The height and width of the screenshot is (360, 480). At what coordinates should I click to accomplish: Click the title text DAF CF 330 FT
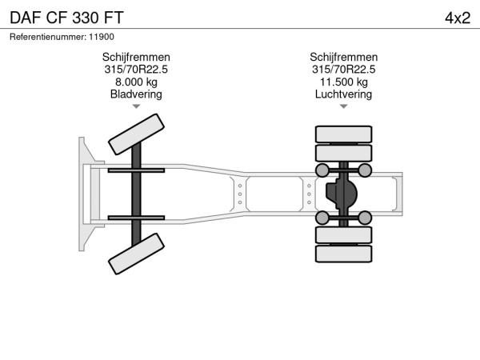pyautogui.click(x=66, y=18)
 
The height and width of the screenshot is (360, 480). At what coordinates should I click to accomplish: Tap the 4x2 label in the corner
pyautogui.click(x=458, y=18)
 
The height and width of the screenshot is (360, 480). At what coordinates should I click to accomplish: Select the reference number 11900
pyautogui.click(x=102, y=37)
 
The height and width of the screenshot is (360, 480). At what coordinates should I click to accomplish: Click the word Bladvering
pyautogui.click(x=136, y=94)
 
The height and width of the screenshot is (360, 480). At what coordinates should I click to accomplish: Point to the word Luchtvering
pyautogui.click(x=343, y=94)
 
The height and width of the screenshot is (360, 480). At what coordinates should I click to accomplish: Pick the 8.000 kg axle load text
pyautogui.click(x=136, y=82)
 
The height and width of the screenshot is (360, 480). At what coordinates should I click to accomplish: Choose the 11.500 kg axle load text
pyautogui.click(x=343, y=82)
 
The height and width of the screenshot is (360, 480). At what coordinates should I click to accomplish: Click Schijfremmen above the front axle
pyautogui.click(x=136, y=58)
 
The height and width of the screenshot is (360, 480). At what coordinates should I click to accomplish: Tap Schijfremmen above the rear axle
pyautogui.click(x=343, y=58)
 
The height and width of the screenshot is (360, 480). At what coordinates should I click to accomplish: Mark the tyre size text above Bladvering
pyautogui.click(x=136, y=70)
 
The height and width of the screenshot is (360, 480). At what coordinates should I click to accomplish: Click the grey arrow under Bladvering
pyautogui.click(x=136, y=106)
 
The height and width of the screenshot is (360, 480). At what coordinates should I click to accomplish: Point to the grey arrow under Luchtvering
pyautogui.click(x=343, y=106)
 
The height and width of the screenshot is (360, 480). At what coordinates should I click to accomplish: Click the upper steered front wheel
pyautogui.click(x=136, y=134)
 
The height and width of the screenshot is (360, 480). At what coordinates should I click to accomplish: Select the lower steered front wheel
pyautogui.click(x=136, y=254)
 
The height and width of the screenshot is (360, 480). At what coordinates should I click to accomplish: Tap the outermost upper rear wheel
pyautogui.click(x=343, y=134)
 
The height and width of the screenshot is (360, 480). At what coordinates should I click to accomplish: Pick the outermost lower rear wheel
pyautogui.click(x=343, y=254)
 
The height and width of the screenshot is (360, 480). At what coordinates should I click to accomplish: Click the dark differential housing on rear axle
pyautogui.click(x=342, y=194)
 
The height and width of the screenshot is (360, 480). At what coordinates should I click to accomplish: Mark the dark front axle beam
pyautogui.click(x=136, y=194)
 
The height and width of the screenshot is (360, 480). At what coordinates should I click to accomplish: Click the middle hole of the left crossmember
pyautogui.click(x=240, y=194)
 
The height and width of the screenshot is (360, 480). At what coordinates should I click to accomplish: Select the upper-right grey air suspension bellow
pyautogui.click(x=365, y=170)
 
